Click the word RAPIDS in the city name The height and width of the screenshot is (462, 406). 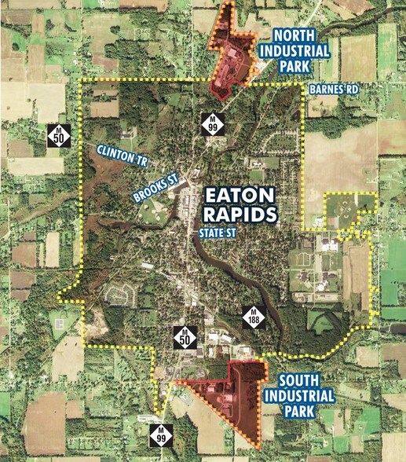pos(240,213)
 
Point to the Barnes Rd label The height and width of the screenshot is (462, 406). pos(333,90)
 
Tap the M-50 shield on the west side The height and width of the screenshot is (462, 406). pos(58,134)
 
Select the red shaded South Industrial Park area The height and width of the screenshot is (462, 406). pos(236,397)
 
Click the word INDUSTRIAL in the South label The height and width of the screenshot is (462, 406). pos(300,394)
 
